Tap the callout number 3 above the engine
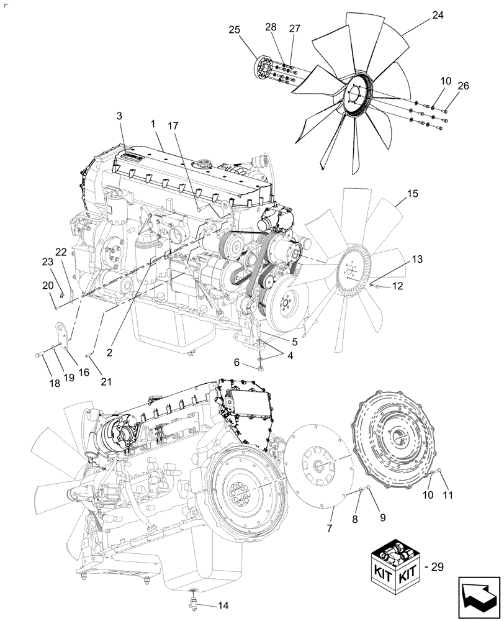pyautogui.click(x=120, y=116)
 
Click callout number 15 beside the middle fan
pyautogui.click(x=412, y=194)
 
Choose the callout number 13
pyautogui.click(x=416, y=258)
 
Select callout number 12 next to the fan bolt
pyautogui.click(x=397, y=286)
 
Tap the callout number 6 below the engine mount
pyautogui.click(x=236, y=363)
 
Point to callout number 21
pyautogui.click(x=106, y=382)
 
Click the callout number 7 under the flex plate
pyautogui.click(x=330, y=528)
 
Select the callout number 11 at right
pyautogui.click(x=448, y=495)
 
